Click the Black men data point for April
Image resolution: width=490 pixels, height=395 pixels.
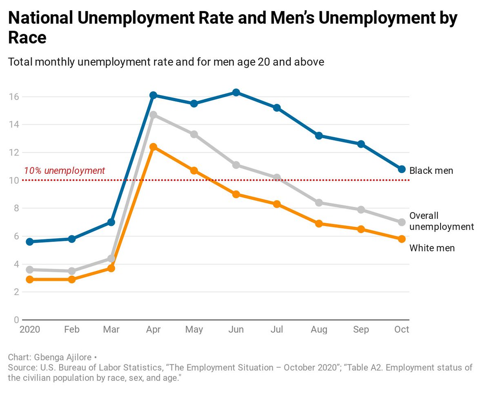click(153, 95)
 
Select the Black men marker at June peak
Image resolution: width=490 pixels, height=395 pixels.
click(236, 92)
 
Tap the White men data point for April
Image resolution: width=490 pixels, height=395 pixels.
click(153, 146)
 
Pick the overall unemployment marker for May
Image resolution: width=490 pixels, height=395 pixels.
click(194, 134)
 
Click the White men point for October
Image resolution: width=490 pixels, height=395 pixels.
click(402, 239)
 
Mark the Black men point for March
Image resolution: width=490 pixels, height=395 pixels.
click(111, 222)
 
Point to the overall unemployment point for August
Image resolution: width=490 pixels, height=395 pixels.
click(319, 202)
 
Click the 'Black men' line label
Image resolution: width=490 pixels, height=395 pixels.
click(431, 171)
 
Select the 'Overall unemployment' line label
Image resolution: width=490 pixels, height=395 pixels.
click(441, 221)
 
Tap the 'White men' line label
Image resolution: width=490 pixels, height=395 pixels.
click(432, 248)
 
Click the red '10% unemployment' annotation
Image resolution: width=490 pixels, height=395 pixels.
click(64, 171)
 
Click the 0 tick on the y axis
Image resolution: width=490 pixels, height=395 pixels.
click(16, 320)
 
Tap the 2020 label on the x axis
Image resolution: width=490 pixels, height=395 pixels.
click(30, 330)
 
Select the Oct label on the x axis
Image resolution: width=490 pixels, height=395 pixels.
click(402, 330)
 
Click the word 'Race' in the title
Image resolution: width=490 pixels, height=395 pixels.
click(27, 38)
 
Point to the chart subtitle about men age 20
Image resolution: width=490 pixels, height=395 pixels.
click(166, 62)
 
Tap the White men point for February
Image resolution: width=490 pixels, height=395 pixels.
click(72, 280)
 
